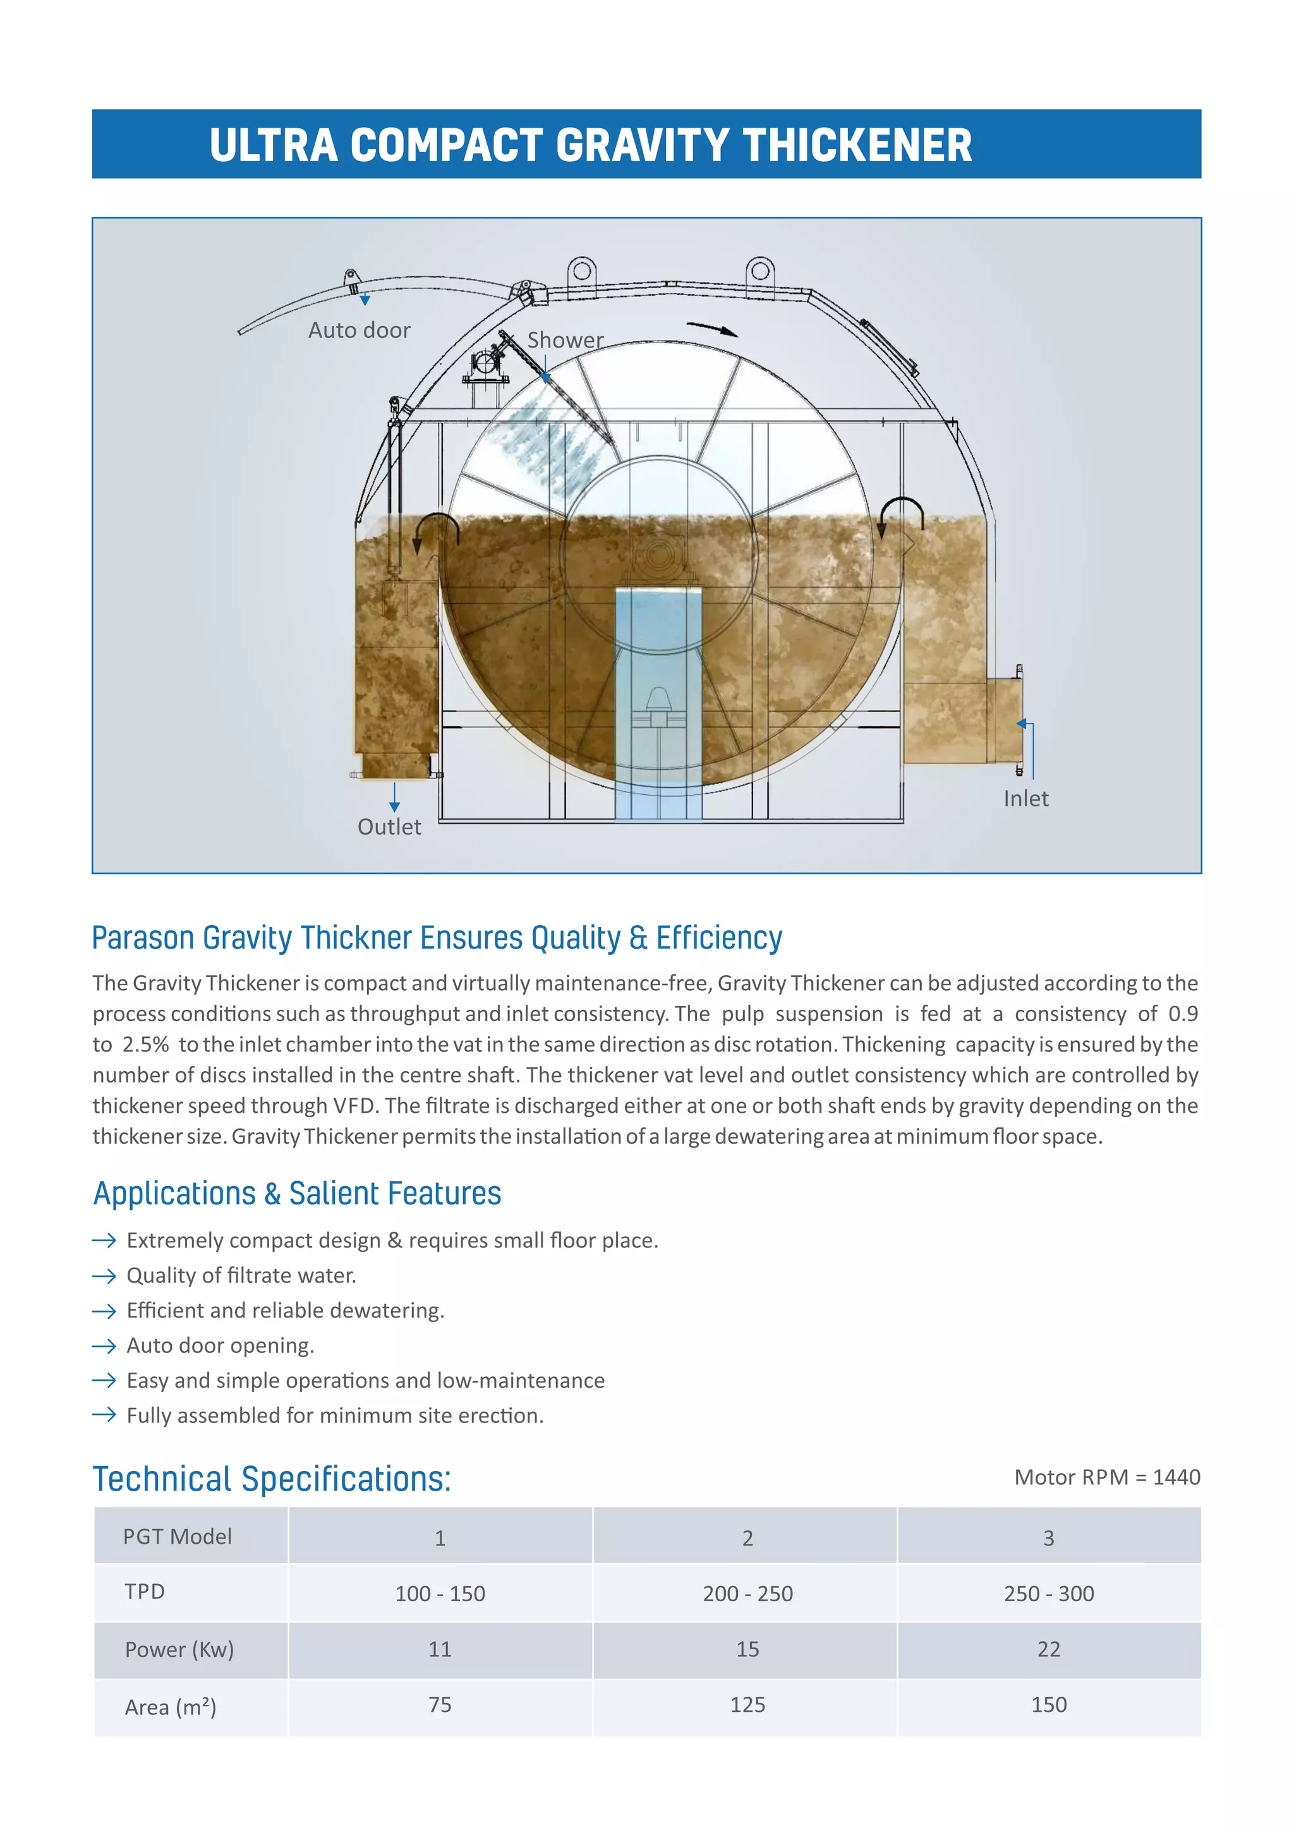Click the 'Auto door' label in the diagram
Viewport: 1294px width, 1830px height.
360,330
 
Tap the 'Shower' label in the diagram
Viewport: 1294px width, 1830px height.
565,341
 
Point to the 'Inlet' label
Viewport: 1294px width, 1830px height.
1025,799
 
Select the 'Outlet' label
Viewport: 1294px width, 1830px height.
389,827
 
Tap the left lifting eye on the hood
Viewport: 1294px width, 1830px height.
583,271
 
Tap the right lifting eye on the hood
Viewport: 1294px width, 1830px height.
760,271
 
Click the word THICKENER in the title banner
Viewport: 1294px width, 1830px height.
857,146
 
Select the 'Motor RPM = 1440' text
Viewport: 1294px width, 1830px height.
1107,1477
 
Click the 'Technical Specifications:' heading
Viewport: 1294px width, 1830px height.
272,1479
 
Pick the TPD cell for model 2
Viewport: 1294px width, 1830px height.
747,1593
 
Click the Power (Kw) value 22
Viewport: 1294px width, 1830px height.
1049,1649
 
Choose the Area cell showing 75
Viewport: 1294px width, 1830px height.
440,1704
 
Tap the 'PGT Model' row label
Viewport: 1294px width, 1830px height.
177,1537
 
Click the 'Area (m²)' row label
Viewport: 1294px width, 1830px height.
171,1706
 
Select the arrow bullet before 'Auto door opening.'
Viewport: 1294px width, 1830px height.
104,1346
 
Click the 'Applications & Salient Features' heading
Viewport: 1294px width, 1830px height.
297,1194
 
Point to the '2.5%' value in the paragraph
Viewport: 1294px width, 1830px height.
145,1045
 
